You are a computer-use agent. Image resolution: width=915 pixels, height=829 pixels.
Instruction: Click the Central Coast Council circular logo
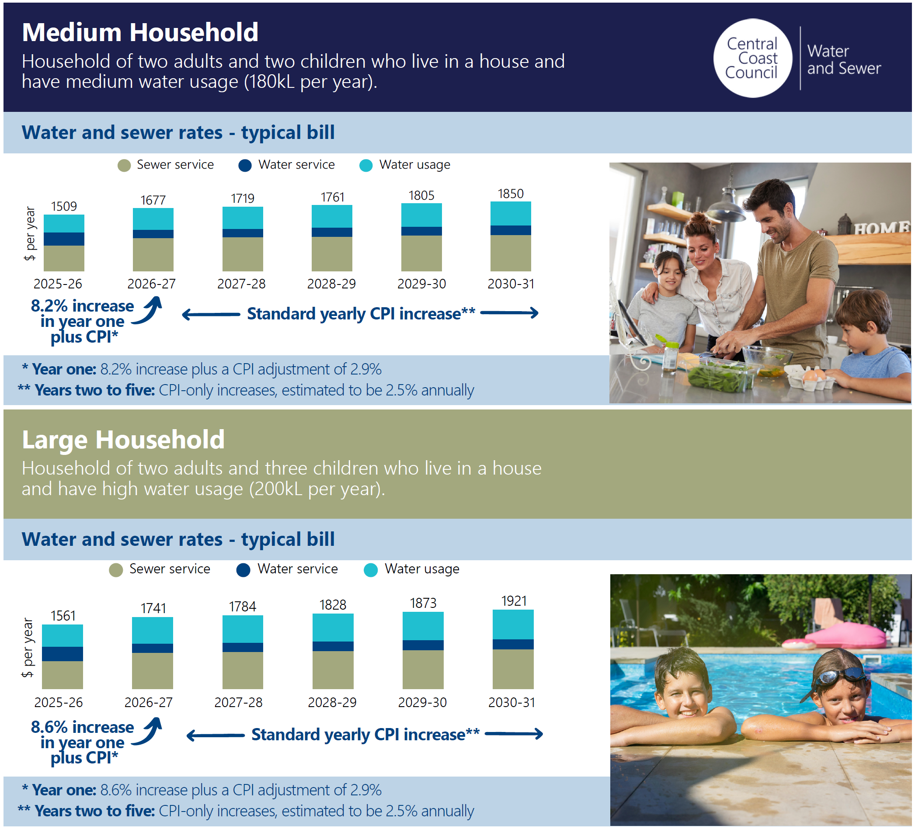coord(752,58)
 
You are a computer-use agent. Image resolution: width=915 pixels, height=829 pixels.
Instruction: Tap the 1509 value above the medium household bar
coord(64,206)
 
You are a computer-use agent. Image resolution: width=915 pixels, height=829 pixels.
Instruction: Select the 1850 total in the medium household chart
coord(511,194)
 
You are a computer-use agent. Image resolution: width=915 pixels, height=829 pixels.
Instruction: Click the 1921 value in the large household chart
coord(514,601)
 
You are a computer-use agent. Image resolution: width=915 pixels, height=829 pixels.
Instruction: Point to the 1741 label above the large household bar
coord(153,608)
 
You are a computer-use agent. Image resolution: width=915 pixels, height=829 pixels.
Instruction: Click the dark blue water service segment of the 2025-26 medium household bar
coord(64,239)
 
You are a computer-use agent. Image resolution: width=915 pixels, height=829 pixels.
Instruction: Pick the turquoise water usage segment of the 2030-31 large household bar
coord(513,625)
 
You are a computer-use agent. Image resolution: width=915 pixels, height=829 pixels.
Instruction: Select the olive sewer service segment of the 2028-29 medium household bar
coord(332,254)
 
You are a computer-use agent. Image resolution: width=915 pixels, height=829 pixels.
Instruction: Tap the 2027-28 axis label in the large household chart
coord(239,702)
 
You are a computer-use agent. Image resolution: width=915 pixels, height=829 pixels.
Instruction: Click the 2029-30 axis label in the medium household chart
coord(421,284)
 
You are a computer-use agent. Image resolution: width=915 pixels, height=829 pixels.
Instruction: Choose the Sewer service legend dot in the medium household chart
coord(124,166)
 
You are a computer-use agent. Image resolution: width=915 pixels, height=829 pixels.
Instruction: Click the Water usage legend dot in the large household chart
coord(371,570)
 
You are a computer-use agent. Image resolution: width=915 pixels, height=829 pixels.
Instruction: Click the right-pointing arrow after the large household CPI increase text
coord(514,734)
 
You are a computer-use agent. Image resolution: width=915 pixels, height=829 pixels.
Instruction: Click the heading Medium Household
coord(140,33)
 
